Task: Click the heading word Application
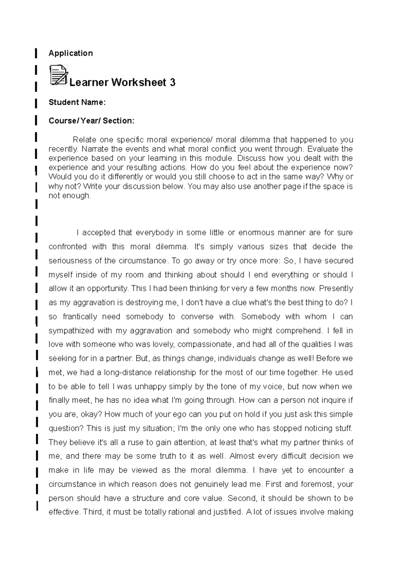pos(71,53)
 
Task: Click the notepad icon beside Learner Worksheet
pos(59,75)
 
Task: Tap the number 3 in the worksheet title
pos(173,82)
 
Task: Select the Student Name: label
pos(77,102)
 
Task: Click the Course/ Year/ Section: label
pos(91,121)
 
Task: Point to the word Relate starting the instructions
pos(83,139)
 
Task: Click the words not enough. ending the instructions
pos(70,196)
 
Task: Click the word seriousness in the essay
pos(70,261)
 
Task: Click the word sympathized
pos(71,331)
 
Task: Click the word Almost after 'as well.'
pos(242,456)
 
